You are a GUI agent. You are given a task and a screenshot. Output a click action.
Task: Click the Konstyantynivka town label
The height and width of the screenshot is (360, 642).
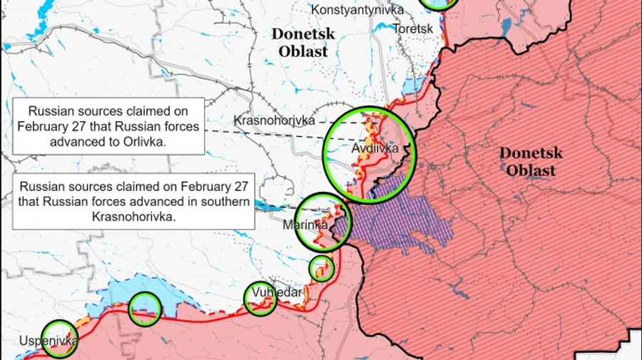(357, 10)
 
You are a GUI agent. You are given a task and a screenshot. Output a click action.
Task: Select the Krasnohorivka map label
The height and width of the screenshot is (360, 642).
(274, 121)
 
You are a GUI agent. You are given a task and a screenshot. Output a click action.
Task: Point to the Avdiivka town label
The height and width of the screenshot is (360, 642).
(368, 149)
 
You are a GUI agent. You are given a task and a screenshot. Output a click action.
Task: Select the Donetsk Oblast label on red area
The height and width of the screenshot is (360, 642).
(531, 162)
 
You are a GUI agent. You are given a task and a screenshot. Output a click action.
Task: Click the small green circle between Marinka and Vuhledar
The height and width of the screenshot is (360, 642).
(321, 268)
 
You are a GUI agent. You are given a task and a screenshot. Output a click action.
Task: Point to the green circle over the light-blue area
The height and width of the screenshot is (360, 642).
(145, 308)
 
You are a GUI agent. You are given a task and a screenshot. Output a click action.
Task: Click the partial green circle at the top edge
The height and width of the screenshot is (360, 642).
(438, 4)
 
